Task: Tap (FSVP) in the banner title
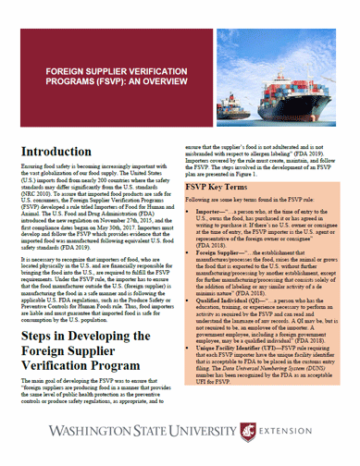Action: click(94, 79)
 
